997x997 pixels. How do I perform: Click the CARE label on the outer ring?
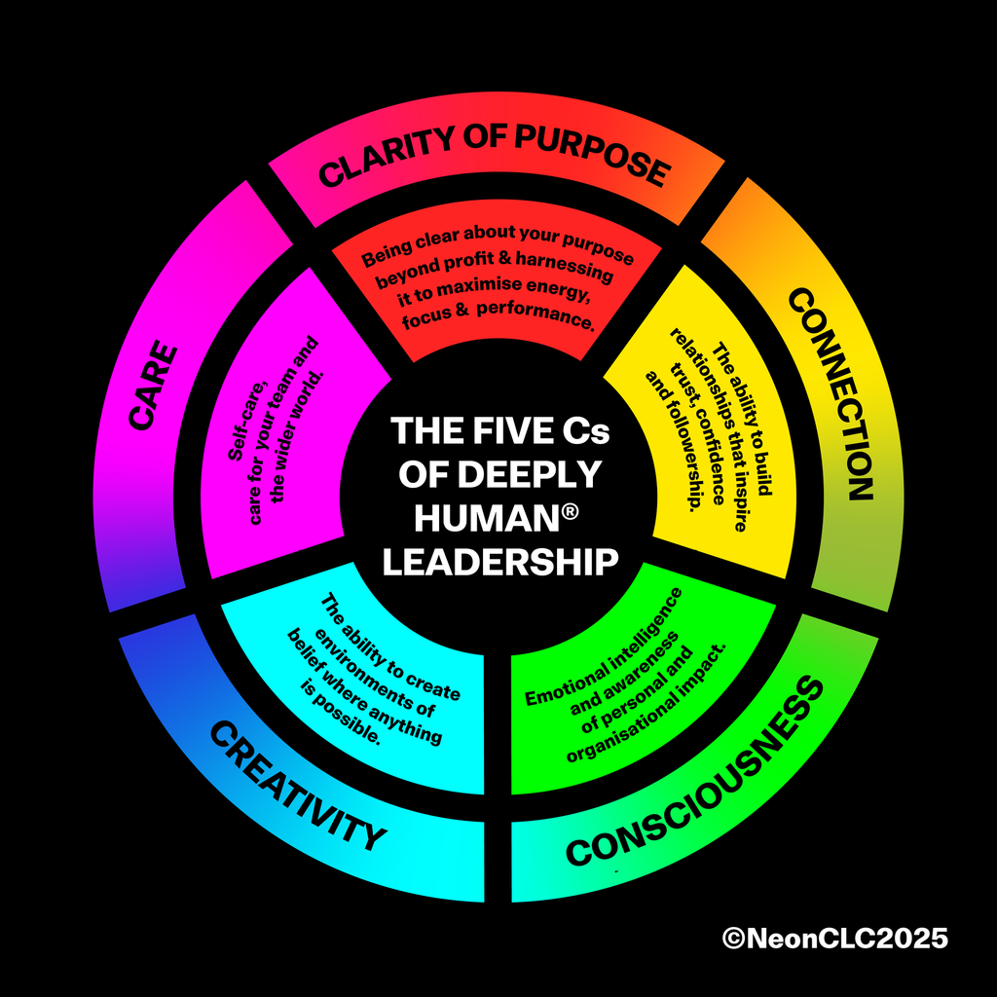pyautogui.click(x=153, y=386)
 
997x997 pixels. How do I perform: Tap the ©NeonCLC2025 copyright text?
pyautogui.click(x=834, y=938)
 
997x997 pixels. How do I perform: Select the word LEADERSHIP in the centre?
pyautogui.click(x=499, y=562)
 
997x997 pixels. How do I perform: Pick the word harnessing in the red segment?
pyautogui.click(x=565, y=266)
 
